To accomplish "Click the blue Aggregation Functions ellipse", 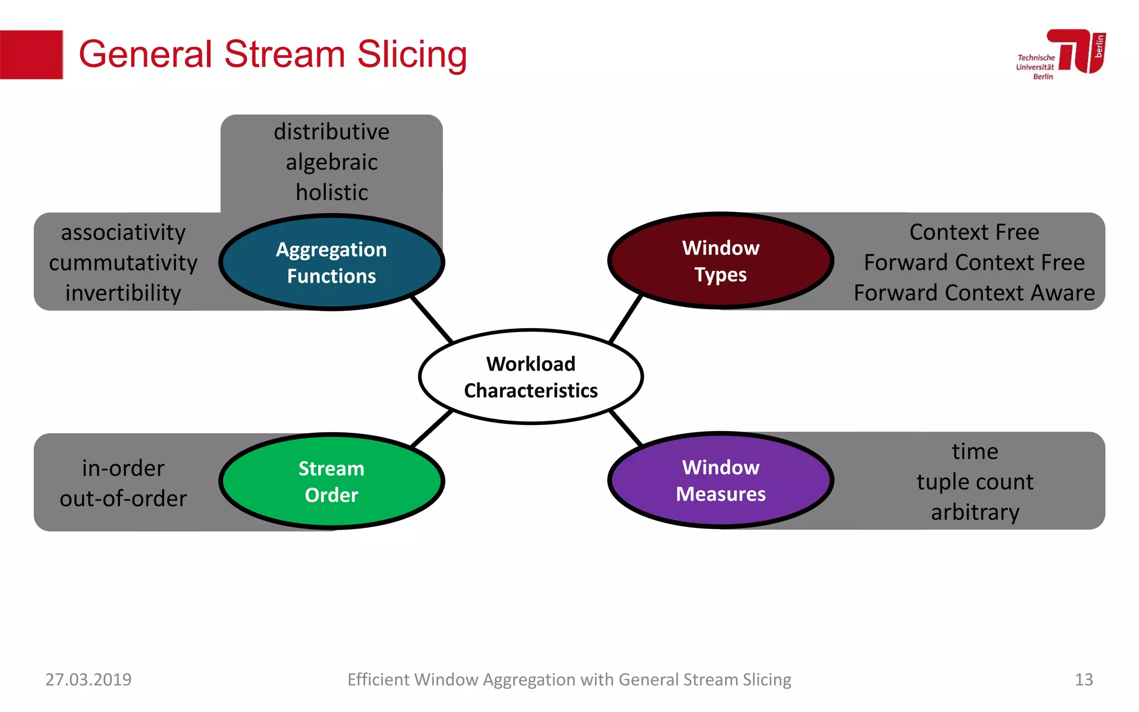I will point(331,262).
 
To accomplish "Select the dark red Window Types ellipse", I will point(720,261).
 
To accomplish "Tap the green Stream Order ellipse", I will point(331,481).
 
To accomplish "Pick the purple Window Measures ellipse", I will point(720,480).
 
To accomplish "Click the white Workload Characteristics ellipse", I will point(531,377).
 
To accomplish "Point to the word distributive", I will point(331,132).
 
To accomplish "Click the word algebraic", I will point(331,162).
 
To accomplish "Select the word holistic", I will point(331,192).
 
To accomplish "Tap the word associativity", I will point(123,233).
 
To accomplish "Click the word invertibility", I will point(123,293).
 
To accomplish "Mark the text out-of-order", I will point(123,498).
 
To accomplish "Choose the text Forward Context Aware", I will point(974,293).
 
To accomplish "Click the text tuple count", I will point(975,482).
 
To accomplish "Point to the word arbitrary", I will point(975,512).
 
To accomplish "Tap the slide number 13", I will point(1083,679).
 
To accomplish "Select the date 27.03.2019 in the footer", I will point(88,679).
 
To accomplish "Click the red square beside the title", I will point(31,55).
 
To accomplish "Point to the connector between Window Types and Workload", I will point(626,319).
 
